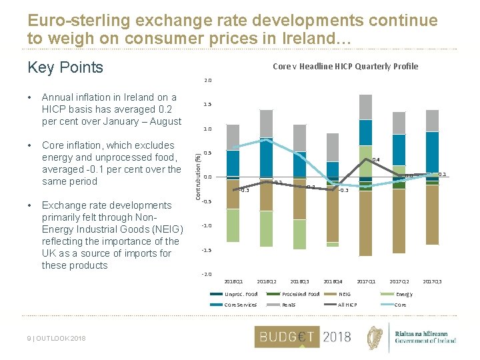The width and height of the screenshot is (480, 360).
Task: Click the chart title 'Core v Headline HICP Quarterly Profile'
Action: [x=345, y=66]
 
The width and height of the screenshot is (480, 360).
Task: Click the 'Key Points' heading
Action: [x=65, y=67]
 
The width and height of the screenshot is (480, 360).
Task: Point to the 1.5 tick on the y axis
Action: [x=207, y=105]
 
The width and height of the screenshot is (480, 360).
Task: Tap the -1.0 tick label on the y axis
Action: [x=207, y=226]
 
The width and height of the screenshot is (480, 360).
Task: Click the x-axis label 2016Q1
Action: [x=233, y=281]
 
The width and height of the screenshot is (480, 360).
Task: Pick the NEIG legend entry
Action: [x=345, y=294]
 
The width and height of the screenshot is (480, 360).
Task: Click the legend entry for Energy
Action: [x=404, y=294]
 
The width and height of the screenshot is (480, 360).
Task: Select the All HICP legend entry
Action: [x=347, y=305]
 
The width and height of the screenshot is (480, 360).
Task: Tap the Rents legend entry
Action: [x=289, y=305]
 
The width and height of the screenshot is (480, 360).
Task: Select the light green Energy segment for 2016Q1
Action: [x=233, y=225]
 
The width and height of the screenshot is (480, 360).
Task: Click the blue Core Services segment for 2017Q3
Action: [x=432, y=151]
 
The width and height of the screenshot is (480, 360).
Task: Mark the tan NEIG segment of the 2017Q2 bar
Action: [x=399, y=220]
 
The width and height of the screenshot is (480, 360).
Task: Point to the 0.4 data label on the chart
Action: [x=376, y=160]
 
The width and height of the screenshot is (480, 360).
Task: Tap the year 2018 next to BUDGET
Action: [x=337, y=337]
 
